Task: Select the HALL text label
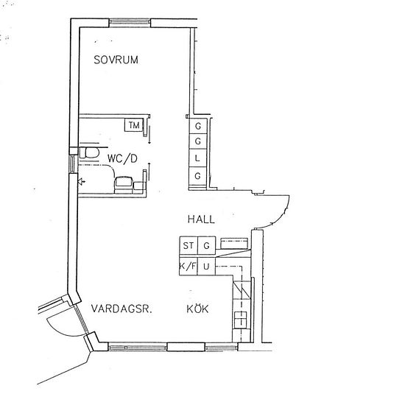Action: (200, 219)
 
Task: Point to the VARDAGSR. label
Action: (121, 309)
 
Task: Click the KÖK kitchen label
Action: (197, 309)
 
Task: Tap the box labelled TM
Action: (134, 126)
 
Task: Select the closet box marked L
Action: (197, 158)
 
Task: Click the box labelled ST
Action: (188, 245)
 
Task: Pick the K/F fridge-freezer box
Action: (188, 266)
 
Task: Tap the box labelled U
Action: (207, 266)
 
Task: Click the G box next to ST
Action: (207, 245)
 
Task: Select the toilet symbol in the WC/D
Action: (91, 152)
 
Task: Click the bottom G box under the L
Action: (197, 176)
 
